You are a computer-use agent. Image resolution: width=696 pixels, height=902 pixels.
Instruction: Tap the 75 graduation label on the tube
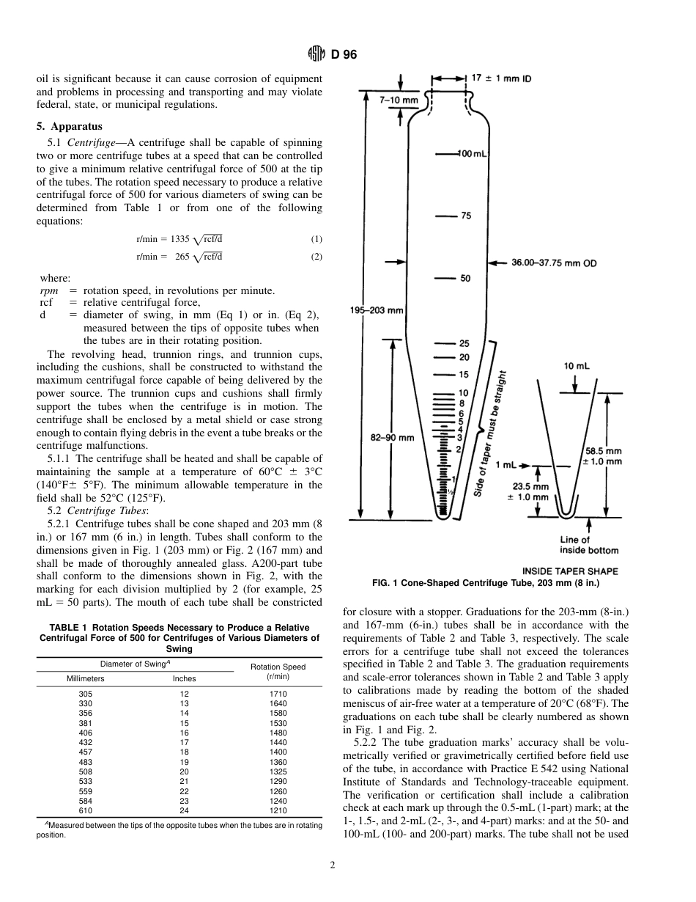tap(466, 216)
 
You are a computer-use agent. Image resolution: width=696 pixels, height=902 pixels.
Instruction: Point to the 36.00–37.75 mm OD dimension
tap(554, 263)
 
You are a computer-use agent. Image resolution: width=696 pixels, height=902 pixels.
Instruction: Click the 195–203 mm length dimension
tap(377, 310)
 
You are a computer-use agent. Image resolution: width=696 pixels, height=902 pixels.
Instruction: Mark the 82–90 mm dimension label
tap(392, 438)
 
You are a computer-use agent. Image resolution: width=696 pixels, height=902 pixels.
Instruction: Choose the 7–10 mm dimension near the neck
tap(399, 100)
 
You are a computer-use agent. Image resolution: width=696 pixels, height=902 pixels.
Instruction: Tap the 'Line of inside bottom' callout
tap(588, 545)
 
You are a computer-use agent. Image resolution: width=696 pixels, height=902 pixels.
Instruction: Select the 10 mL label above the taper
tap(577, 365)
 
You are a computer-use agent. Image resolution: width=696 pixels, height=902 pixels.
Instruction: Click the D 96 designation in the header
tap(344, 54)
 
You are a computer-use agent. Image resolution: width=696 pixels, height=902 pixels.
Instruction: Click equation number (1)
tap(316, 239)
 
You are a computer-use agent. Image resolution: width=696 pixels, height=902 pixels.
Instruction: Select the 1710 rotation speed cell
tap(278, 694)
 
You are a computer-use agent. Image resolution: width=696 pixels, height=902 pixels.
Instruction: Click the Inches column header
tap(184, 679)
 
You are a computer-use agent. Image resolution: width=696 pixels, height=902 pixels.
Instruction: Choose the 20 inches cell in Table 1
tap(184, 771)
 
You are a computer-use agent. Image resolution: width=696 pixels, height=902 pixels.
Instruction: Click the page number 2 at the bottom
tap(333, 865)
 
